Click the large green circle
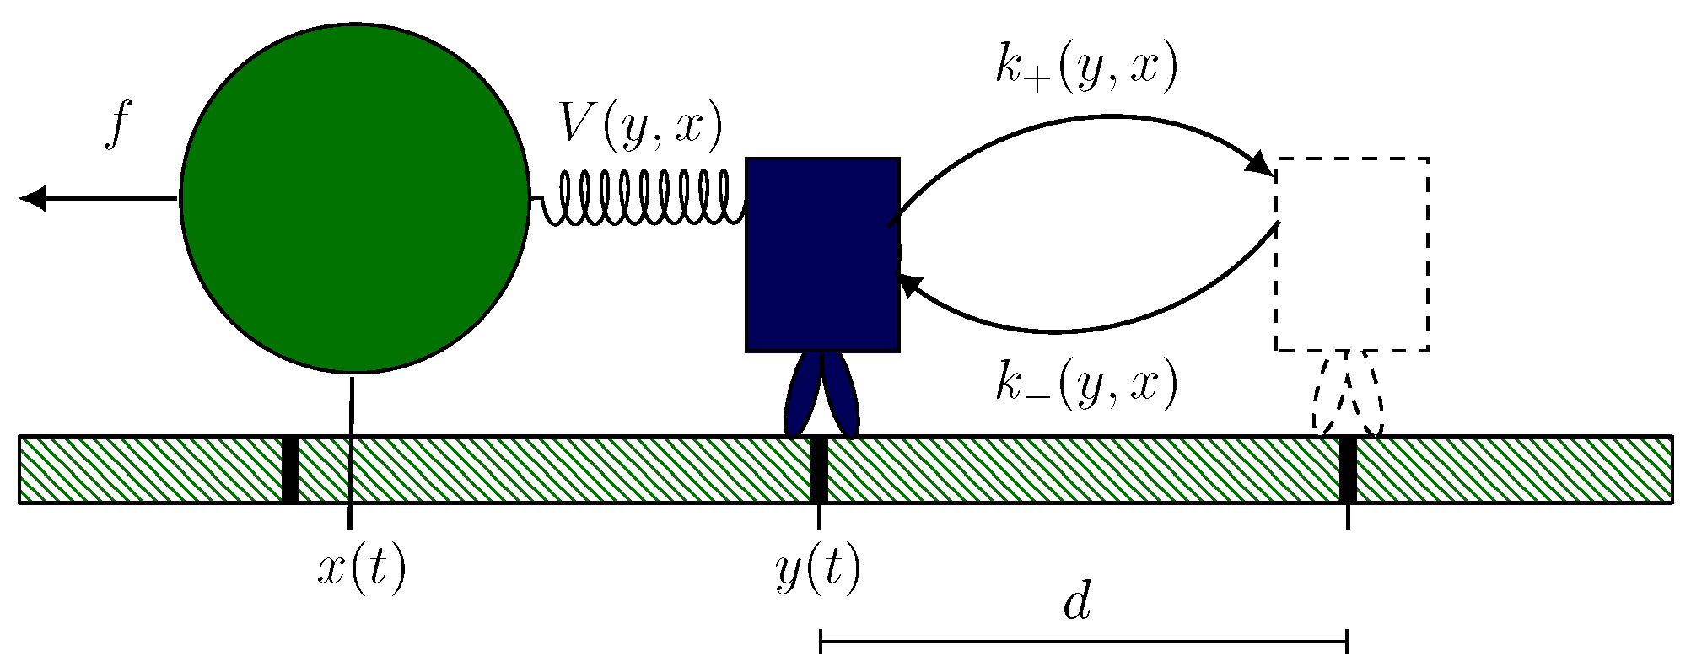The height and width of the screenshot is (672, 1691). [x=354, y=198]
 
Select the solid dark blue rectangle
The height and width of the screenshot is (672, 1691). [x=822, y=253]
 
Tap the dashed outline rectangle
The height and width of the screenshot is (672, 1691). [x=1351, y=253]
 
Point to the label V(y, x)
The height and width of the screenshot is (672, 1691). [x=641, y=128]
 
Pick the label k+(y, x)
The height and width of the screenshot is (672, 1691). [x=1085, y=67]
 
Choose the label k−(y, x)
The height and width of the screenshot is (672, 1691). [x=1085, y=385]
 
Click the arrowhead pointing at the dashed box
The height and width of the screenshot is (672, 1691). [x=1260, y=164]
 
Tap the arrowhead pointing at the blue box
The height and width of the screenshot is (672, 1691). [x=909, y=284]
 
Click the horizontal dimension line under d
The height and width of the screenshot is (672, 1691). [x=1084, y=642]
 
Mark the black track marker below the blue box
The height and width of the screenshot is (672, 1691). [x=818, y=470]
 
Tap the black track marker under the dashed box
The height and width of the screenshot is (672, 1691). [x=1348, y=470]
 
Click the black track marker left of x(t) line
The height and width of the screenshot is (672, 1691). [x=290, y=470]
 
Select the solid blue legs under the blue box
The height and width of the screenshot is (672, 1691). [x=821, y=395]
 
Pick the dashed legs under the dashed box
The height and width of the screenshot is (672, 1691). [x=1348, y=395]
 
